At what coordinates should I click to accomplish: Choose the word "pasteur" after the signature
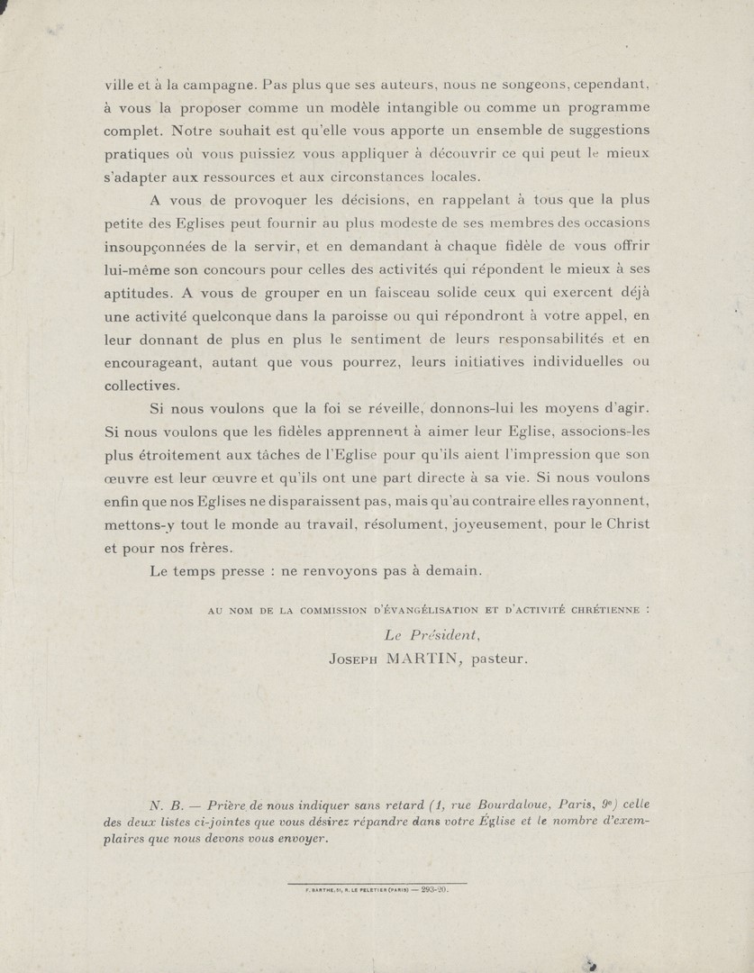496,659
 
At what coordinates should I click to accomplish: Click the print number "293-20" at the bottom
434,890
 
